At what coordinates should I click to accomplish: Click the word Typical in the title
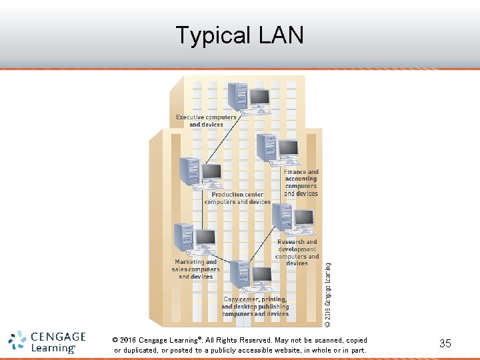pyautogui.click(x=209, y=35)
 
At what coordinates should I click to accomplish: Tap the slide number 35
pyautogui.click(x=445, y=343)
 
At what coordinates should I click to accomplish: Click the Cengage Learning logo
pyautogui.click(x=47, y=341)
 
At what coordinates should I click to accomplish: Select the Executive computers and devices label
pyautogui.click(x=206, y=121)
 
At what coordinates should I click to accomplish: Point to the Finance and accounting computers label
pyautogui.click(x=301, y=183)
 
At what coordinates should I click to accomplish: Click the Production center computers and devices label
pyautogui.click(x=237, y=198)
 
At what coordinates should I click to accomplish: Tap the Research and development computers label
pyautogui.click(x=297, y=253)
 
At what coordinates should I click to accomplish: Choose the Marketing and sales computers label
pyautogui.click(x=195, y=269)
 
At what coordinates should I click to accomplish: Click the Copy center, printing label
pyautogui.click(x=255, y=307)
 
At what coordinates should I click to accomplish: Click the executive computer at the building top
pyautogui.click(x=247, y=98)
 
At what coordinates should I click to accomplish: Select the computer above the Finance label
pyautogui.click(x=277, y=150)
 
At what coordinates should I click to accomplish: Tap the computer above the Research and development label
pyautogui.click(x=292, y=219)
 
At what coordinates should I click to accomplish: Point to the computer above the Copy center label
pyautogui.click(x=251, y=277)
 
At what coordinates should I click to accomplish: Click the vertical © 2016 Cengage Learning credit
pyautogui.click(x=327, y=293)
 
